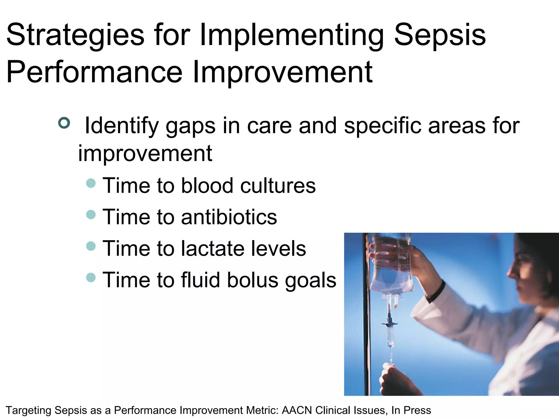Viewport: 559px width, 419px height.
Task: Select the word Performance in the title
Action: pyautogui.click(x=94, y=72)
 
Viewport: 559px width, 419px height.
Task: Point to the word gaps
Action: pyautogui.click(x=191, y=126)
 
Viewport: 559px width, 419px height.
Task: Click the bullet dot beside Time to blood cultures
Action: pyautogui.click(x=91, y=183)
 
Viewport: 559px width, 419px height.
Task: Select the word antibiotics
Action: pyautogui.click(x=229, y=217)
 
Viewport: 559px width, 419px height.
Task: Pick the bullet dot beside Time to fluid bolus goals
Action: pyautogui.click(x=91, y=278)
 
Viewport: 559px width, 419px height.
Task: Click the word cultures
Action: pyautogui.click(x=278, y=186)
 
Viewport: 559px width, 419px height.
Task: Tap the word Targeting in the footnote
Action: pyautogui.click(x=28, y=410)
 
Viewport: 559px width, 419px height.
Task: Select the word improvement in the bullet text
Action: pyautogui.click(x=145, y=154)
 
